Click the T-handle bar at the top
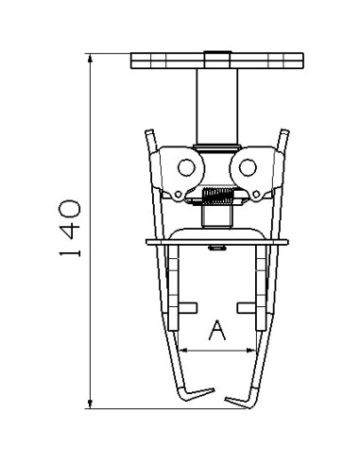point(216,61)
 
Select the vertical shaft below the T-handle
point(216,106)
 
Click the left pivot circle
point(184,169)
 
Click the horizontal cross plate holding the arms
point(216,242)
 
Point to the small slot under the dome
point(216,250)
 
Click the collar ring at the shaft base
point(216,146)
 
